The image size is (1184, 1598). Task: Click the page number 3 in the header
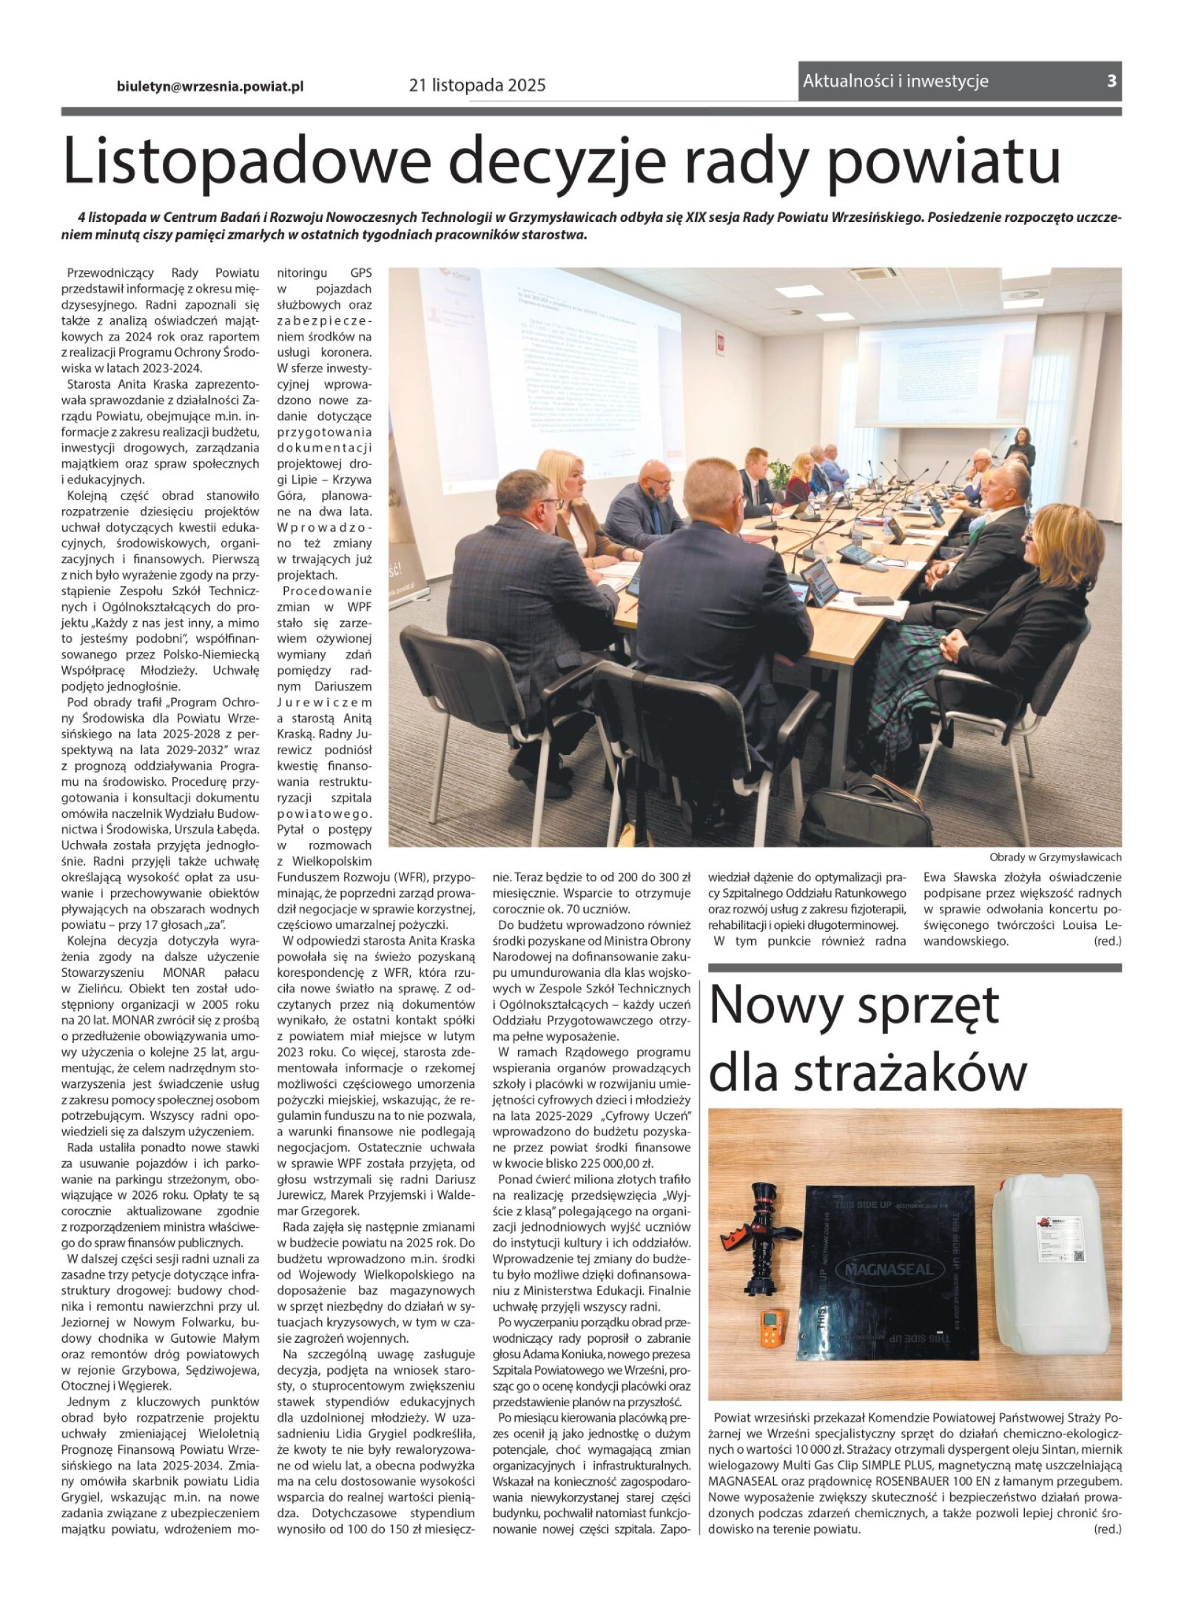[x=1111, y=81]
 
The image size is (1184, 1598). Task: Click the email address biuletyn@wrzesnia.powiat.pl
[x=210, y=86]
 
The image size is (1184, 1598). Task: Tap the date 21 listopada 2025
[x=477, y=85]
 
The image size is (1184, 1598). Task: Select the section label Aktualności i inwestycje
[x=895, y=81]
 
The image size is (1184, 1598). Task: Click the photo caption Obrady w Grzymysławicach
[x=1055, y=857]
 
